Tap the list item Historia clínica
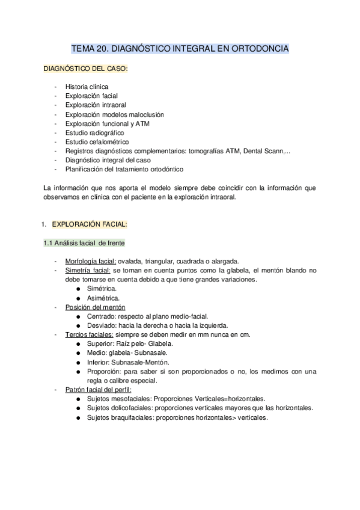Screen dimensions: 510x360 point(87,87)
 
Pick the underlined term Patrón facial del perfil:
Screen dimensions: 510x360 point(98,389)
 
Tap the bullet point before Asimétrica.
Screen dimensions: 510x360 point(79,298)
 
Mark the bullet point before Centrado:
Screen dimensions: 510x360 point(79,316)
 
